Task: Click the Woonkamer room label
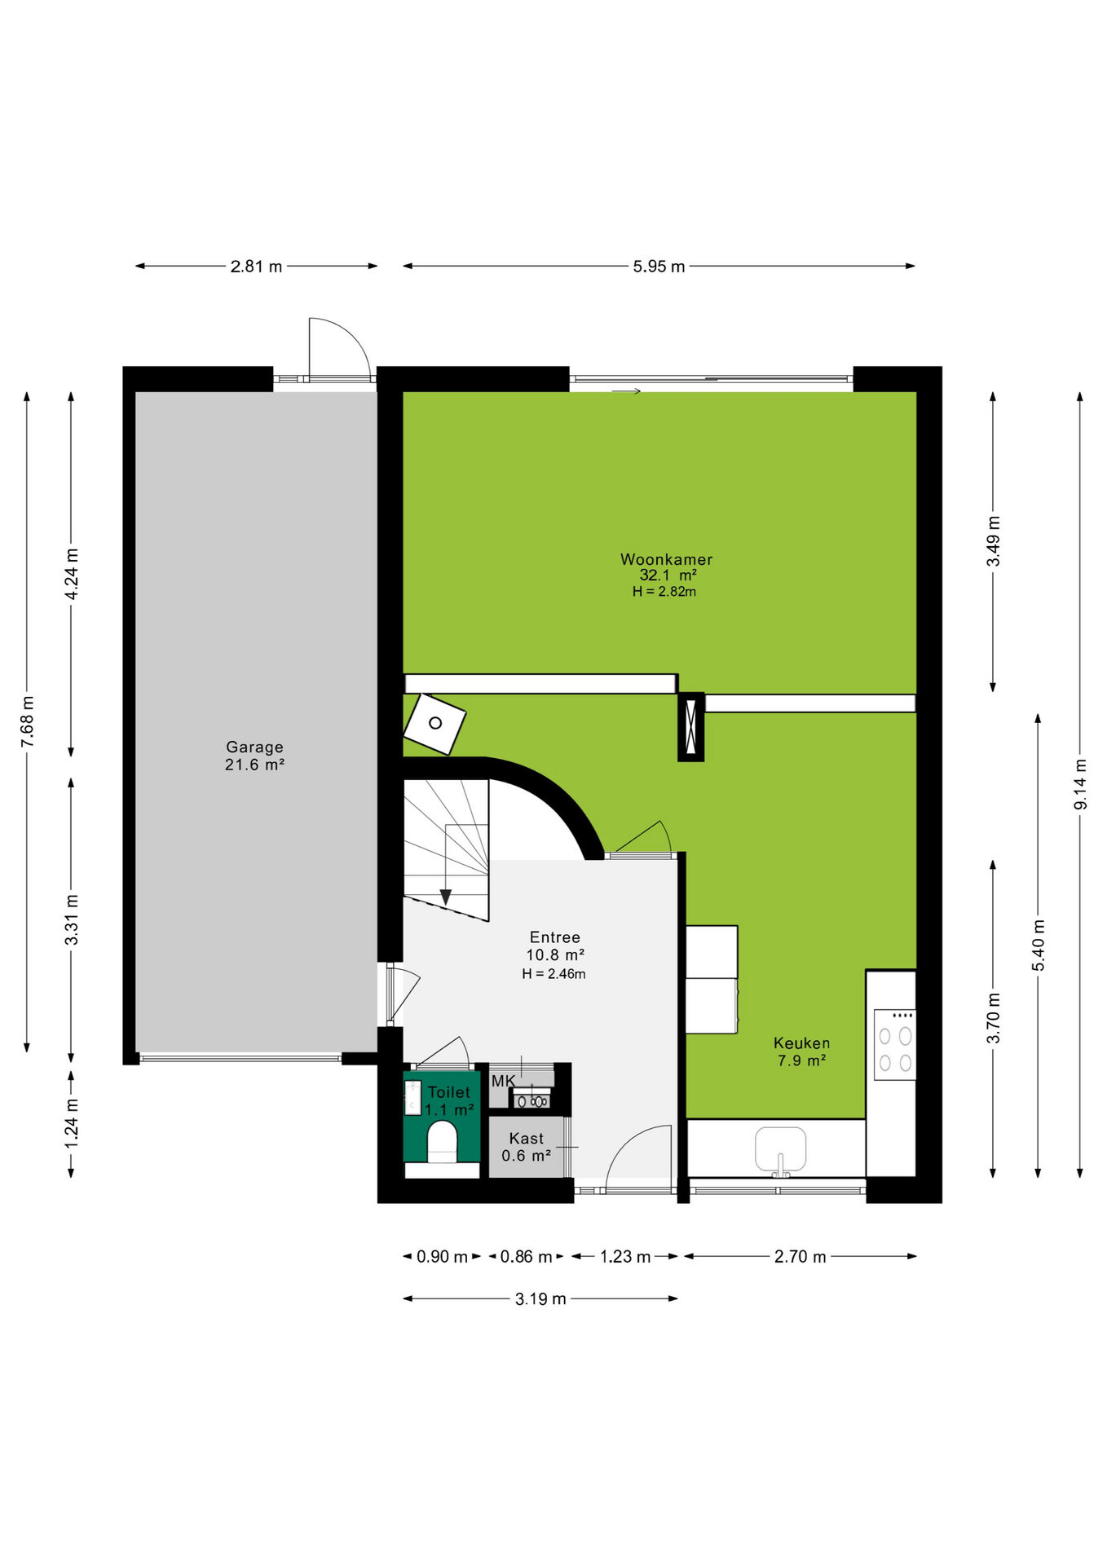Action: click(x=666, y=559)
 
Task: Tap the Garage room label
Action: click(x=254, y=747)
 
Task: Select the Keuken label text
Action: click(x=801, y=1043)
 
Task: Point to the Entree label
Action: click(x=554, y=937)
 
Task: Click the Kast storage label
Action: click(x=526, y=1139)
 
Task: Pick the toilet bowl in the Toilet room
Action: click(x=442, y=1141)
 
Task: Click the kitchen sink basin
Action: click(x=780, y=1148)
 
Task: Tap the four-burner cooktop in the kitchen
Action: click(x=894, y=1045)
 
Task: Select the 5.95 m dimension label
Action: click(x=659, y=267)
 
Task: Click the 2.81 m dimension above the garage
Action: click(x=256, y=267)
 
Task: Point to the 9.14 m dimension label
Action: click(x=1080, y=784)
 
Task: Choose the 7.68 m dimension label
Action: click(x=27, y=721)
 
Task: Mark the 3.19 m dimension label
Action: click(x=540, y=1298)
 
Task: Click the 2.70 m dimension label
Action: click(x=800, y=1257)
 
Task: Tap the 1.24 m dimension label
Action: click(x=72, y=1123)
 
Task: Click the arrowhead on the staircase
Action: click(x=446, y=897)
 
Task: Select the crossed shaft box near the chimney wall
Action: click(x=690, y=727)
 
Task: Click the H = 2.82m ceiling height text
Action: click(x=664, y=592)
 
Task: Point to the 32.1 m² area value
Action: click(x=668, y=575)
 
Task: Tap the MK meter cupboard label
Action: click(x=503, y=1081)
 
